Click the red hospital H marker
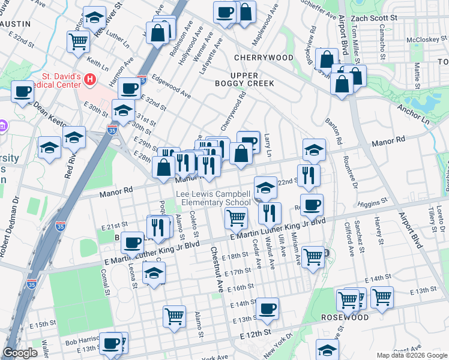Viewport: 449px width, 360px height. (90, 79)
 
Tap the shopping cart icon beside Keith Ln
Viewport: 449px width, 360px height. (79, 41)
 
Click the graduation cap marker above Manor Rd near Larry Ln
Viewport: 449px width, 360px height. (314, 150)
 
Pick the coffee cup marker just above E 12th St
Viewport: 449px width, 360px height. (268, 308)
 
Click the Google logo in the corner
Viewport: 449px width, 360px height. (21, 353)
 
